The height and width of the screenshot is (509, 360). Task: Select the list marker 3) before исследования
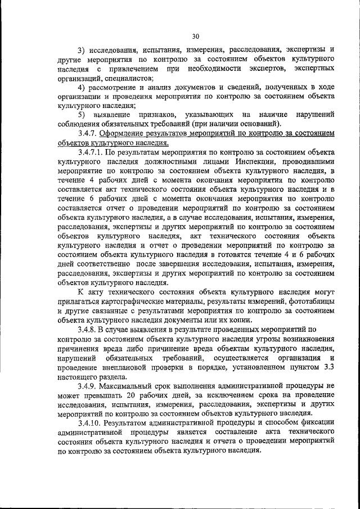pyautogui.click(x=82, y=49)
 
